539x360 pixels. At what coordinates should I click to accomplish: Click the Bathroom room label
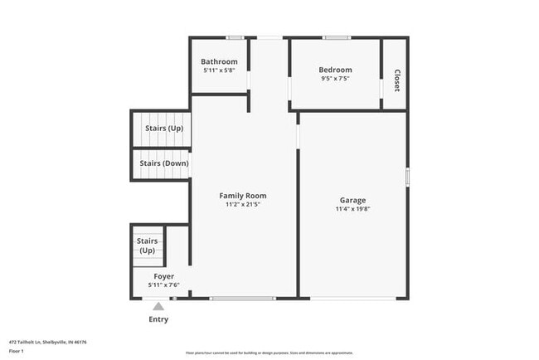219,61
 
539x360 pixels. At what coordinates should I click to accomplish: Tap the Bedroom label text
335,70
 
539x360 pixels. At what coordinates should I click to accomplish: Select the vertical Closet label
396,80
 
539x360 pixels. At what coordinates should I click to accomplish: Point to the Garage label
352,200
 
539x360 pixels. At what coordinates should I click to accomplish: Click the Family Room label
243,196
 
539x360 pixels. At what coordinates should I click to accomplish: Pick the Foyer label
163,276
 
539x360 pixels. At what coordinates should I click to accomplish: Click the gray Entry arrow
158,307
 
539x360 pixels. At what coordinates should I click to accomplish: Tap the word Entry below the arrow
158,319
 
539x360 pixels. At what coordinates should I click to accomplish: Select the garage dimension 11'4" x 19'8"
352,209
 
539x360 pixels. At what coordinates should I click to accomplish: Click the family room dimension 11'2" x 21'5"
243,205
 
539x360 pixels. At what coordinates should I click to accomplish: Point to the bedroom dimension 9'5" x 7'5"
335,79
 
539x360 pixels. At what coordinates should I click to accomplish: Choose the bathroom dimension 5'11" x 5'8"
219,71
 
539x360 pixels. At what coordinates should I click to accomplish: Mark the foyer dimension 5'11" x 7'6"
163,285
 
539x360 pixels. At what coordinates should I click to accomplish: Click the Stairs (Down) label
163,163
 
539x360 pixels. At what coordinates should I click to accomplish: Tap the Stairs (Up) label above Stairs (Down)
163,129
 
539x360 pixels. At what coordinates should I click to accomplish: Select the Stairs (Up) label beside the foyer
147,246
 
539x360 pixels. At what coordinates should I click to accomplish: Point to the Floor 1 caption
17,351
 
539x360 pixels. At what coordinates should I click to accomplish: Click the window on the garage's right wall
407,177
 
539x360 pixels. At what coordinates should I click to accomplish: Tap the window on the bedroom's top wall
335,37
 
